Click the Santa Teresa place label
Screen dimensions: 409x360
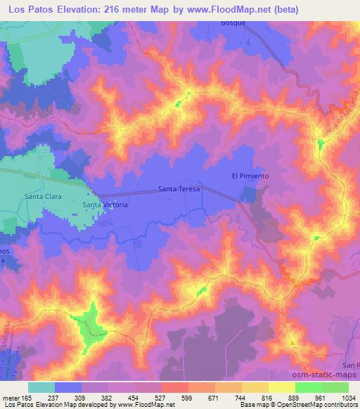[x=179, y=190]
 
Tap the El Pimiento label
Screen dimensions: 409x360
[x=250, y=176]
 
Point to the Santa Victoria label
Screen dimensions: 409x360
[x=105, y=204]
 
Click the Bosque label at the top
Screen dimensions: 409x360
[x=212, y=22]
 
